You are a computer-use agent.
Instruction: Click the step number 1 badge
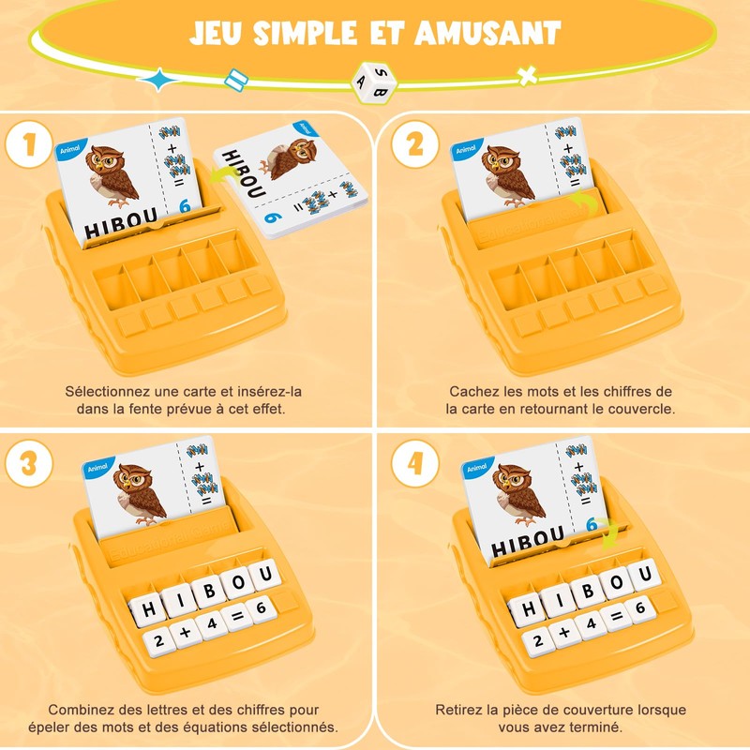tap(31, 145)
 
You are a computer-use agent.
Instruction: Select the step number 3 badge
tap(31, 464)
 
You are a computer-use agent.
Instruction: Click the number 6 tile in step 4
tap(643, 609)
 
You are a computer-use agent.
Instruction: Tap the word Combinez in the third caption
tap(82, 710)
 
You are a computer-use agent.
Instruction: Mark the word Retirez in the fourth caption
tap(462, 710)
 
